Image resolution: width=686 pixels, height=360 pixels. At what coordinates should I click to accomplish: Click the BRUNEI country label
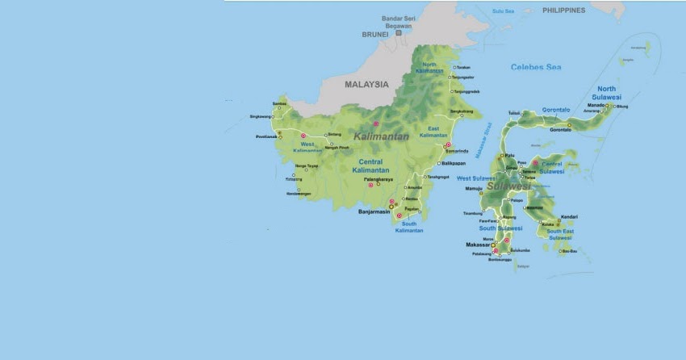(x=374, y=35)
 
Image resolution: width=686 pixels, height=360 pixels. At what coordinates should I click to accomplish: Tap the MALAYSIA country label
(x=366, y=84)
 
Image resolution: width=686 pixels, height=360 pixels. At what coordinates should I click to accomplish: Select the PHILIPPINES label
(x=564, y=10)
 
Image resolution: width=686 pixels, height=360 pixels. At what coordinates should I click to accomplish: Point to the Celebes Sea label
(x=535, y=67)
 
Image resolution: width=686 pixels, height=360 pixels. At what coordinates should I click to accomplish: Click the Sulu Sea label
(x=503, y=11)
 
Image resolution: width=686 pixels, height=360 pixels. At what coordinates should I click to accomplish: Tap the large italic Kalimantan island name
(x=381, y=136)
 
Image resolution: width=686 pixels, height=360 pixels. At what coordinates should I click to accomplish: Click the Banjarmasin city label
(x=374, y=212)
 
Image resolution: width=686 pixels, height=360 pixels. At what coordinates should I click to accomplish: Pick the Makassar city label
(x=478, y=245)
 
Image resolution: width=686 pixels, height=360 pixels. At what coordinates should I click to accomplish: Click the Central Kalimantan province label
(x=372, y=166)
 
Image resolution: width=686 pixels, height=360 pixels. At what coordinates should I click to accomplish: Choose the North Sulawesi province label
(x=606, y=92)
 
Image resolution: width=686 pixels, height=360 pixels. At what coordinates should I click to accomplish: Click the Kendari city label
(x=569, y=216)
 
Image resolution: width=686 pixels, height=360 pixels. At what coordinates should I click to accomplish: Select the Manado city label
(x=596, y=105)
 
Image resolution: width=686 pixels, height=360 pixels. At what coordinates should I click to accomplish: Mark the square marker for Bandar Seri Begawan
(x=398, y=33)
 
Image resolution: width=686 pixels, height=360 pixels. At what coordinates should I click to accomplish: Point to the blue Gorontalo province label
(x=555, y=110)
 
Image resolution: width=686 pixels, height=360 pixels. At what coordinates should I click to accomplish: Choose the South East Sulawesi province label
(x=560, y=235)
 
